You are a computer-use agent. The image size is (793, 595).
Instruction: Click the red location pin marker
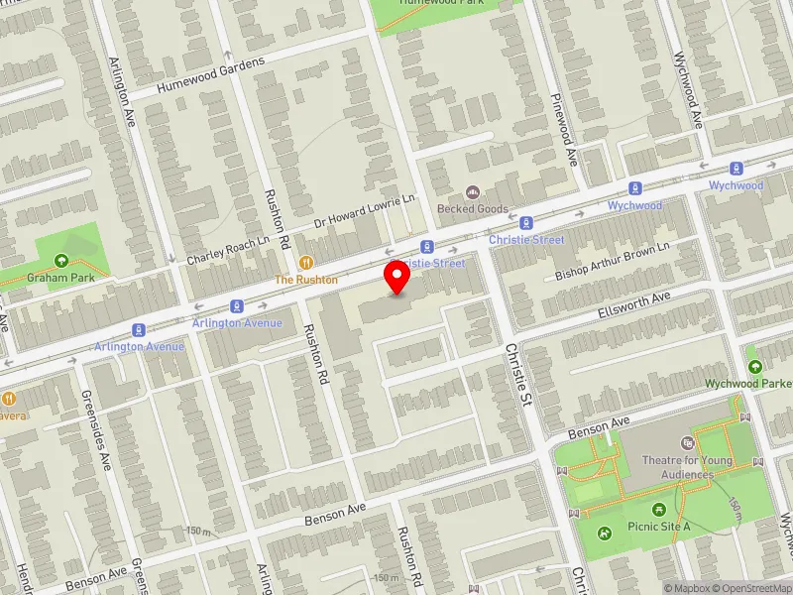tap(397, 277)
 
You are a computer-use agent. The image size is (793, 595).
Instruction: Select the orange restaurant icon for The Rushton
tap(306, 263)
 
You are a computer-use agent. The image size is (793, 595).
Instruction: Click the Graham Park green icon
tap(61, 261)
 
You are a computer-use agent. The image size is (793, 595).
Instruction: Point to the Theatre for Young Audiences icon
tap(689, 443)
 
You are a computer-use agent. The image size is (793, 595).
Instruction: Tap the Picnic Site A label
tap(658, 526)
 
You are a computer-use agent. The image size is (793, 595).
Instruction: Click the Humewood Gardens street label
tap(211, 76)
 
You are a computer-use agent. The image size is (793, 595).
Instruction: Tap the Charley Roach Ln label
tap(228, 251)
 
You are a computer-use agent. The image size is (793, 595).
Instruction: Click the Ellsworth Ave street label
tap(634, 304)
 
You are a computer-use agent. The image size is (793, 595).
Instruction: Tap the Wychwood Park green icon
tap(755, 366)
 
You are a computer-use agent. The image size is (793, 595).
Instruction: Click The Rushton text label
tap(306, 280)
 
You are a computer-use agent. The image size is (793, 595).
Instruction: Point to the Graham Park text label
tap(61, 278)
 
